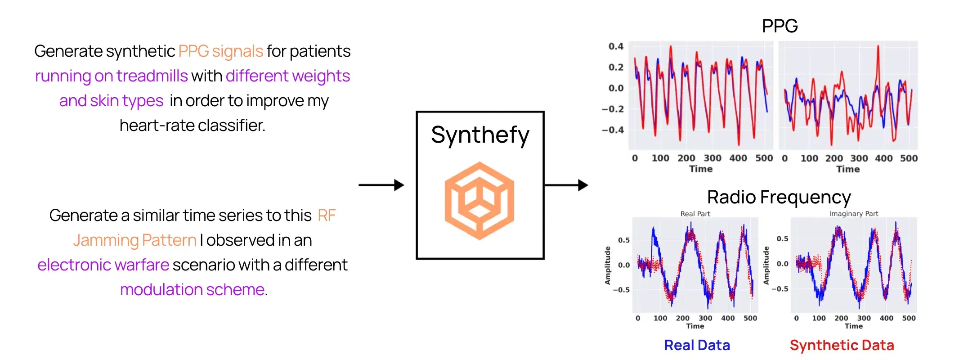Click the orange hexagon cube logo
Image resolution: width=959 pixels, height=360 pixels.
pos(479,200)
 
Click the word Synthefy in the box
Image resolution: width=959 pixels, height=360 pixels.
pos(480,135)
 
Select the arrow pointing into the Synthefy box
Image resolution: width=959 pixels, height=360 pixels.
pos(381,185)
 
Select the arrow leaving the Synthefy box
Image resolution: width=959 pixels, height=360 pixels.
pos(566,185)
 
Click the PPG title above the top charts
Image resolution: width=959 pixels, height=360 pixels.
pos(780,26)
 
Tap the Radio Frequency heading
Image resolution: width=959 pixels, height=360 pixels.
pos(779,197)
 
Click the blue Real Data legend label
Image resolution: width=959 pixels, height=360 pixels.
pos(697,345)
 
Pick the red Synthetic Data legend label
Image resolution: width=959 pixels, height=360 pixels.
pos(842,345)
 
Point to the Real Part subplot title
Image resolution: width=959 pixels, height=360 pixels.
pos(695,214)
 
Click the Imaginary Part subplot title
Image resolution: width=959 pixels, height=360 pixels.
pos(853,214)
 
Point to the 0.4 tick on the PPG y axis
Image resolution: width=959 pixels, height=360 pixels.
pos(615,46)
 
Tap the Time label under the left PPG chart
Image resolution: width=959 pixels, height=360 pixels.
pos(701,169)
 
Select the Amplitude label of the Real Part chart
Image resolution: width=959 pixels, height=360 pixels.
pos(608,265)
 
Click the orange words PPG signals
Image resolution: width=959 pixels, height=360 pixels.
pos(220,51)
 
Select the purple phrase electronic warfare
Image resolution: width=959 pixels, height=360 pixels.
pos(103,265)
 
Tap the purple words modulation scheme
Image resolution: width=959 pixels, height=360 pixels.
pos(192,290)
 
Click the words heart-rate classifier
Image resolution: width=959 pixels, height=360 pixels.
pos(193,126)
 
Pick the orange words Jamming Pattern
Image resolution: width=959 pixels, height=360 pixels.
pos(134,240)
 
